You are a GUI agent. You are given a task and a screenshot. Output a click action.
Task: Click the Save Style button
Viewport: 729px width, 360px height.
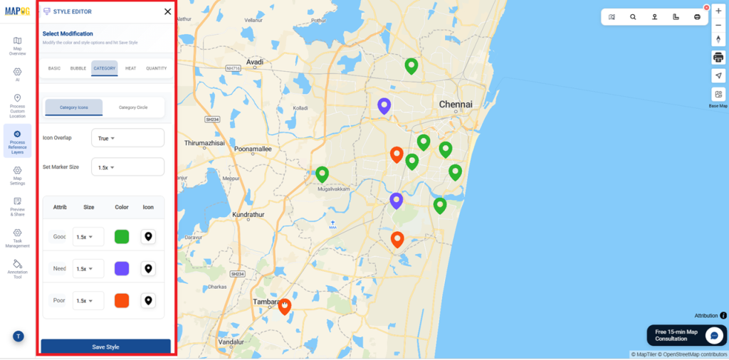(105, 346)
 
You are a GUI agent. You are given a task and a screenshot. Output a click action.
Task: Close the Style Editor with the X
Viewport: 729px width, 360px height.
(167, 11)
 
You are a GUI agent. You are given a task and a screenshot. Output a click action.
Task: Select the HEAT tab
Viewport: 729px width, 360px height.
(130, 68)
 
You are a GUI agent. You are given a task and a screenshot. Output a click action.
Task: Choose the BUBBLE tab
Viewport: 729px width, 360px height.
(78, 68)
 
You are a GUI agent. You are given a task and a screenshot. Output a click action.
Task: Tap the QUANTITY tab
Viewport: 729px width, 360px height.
(157, 68)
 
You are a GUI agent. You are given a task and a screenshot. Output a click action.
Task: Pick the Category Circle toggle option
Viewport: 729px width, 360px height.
(133, 107)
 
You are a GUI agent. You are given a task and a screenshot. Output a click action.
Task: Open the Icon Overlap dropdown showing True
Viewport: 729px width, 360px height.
(127, 138)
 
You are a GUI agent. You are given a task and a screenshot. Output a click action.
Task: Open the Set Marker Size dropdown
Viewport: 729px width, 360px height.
(127, 167)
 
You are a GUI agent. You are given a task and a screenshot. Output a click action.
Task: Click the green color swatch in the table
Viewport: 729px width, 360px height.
(122, 237)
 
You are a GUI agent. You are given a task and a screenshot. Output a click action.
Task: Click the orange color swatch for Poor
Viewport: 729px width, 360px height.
(122, 300)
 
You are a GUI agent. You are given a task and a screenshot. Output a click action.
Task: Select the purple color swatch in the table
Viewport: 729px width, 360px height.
(122, 268)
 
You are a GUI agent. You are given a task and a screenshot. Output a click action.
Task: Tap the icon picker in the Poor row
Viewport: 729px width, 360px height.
(148, 300)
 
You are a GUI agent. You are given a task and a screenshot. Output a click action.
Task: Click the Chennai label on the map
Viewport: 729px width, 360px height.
(456, 105)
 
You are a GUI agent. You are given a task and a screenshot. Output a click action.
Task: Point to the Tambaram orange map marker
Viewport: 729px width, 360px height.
(285, 306)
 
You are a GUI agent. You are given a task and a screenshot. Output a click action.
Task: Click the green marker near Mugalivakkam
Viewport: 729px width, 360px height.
(322, 174)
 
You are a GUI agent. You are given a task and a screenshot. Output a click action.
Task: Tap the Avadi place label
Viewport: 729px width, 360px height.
(254, 63)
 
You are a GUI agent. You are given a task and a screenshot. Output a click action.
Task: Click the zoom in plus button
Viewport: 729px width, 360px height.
(718, 11)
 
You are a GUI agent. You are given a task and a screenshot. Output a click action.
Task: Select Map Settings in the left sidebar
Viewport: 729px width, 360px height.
(17, 174)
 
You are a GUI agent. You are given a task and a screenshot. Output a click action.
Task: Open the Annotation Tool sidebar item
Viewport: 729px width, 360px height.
(17, 268)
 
